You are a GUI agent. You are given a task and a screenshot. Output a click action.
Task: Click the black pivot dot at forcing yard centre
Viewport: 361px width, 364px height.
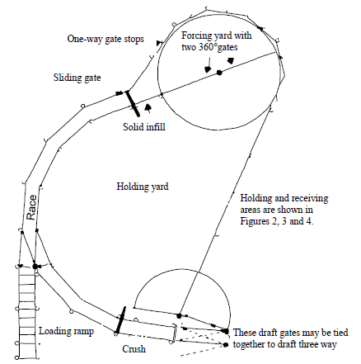pyautogui.click(x=220, y=73)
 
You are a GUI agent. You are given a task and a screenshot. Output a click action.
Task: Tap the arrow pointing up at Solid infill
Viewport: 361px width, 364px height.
pyautogui.click(x=148, y=106)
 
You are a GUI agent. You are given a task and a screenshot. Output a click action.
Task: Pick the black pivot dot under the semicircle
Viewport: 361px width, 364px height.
pyautogui.click(x=179, y=314)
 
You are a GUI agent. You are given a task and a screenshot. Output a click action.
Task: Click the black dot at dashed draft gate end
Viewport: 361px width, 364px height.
pyautogui.click(x=223, y=343)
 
